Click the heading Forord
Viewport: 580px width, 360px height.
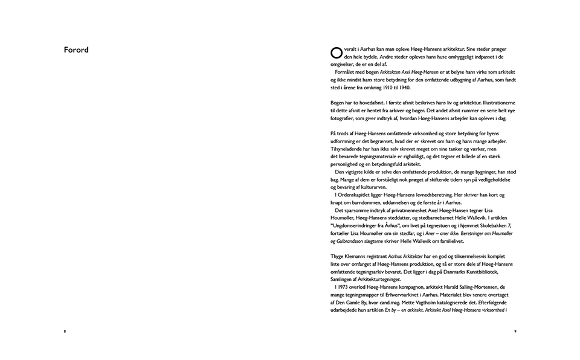[x=76, y=50]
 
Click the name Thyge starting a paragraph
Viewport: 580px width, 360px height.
[x=338, y=257]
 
